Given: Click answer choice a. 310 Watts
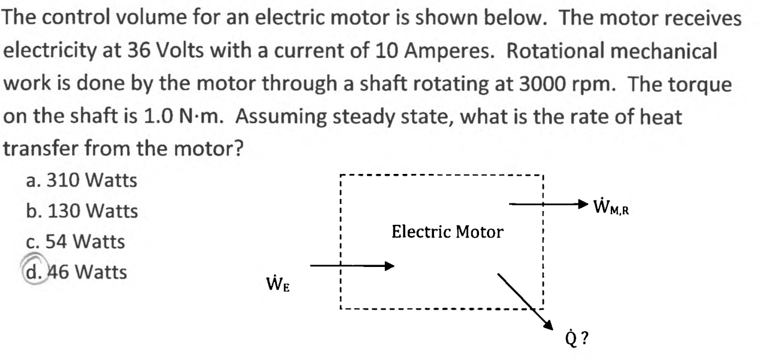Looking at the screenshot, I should tap(81, 181).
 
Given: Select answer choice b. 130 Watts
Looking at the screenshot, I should tap(82, 211).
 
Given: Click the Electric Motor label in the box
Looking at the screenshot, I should tap(447, 232).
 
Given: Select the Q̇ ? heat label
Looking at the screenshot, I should tap(577, 337).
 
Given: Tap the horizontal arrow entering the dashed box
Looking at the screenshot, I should tap(352, 266).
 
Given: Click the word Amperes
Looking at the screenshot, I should tap(447, 51).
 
